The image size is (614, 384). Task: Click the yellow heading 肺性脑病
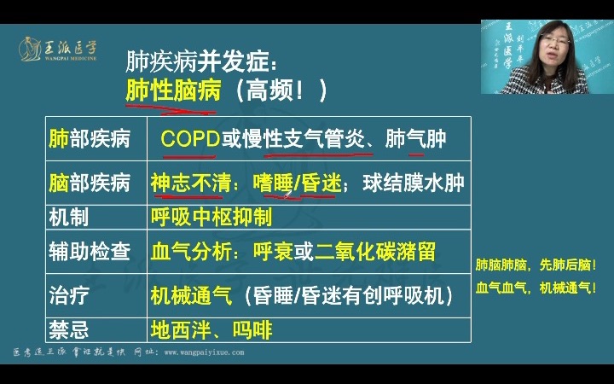coord(173,90)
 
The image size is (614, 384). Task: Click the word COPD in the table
coord(190,138)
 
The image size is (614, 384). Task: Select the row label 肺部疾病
coord(90,138)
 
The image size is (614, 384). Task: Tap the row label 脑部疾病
coord(90,183)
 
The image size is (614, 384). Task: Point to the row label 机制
coord(69,217)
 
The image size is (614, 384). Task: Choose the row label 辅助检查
coord(90,252)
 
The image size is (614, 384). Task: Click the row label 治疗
coord(69,296)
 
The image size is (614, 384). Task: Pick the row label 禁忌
coord(69,329)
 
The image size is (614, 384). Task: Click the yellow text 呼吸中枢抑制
coord(211,217)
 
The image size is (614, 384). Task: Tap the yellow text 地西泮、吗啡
coord(211,329)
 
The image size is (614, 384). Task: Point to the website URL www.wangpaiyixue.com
coord(204,352)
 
